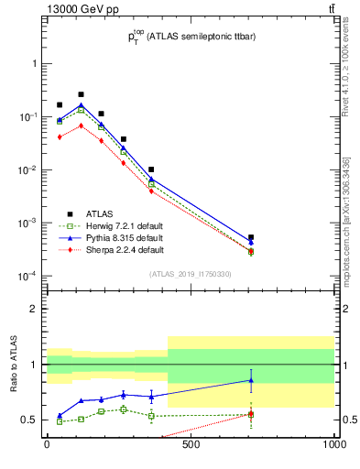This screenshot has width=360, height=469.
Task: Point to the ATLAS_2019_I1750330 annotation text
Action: pyautogui.click(x=190, y=274)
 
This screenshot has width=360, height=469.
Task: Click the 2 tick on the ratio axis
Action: pyautogui.click(x=35, y=309)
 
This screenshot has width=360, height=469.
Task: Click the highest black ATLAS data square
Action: pyautogui.click(x=81, y=94)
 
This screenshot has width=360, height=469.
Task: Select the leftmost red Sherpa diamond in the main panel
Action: pyautogui.click(x=60, y=136)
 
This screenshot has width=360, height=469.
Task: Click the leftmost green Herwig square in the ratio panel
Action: pyautogui.click(x=60, y=421)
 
